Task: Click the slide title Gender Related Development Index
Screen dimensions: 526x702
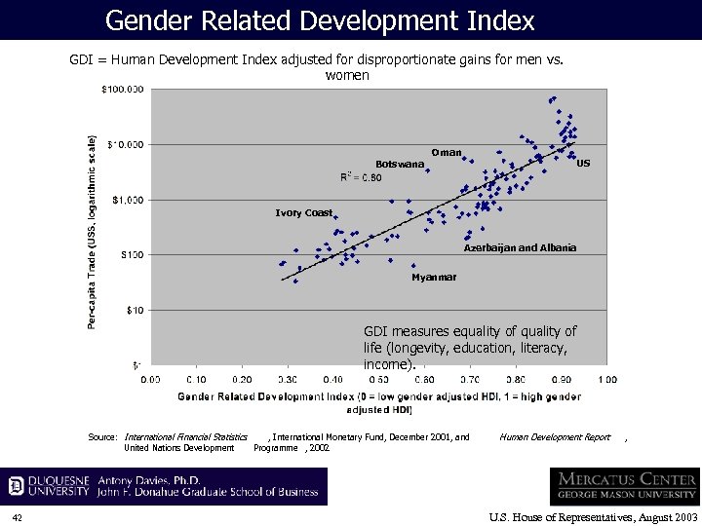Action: [320, 19]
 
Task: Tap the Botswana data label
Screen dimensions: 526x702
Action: [400, 164]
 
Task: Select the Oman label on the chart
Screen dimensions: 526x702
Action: [447, 153]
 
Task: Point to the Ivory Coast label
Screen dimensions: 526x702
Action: [303, 212]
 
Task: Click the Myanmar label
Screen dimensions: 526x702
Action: [434, 278]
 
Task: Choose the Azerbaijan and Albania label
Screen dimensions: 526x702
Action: [520, 247]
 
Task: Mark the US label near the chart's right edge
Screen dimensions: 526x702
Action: [583, 164]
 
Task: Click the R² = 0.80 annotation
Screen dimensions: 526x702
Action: [361, 177]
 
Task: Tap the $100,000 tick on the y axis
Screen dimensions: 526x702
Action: [123, 90]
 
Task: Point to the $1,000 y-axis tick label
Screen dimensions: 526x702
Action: [128, 200]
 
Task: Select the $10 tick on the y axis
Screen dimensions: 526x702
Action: [135, 310]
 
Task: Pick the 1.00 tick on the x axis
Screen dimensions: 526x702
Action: [606, 378]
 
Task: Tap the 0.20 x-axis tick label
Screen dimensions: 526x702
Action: [241, 378]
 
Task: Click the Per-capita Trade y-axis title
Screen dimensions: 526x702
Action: [93, 231]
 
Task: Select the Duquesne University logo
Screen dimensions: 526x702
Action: [49, 486]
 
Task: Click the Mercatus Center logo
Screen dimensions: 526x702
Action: [624, 486]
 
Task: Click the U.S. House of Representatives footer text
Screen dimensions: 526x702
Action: [593, 516]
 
